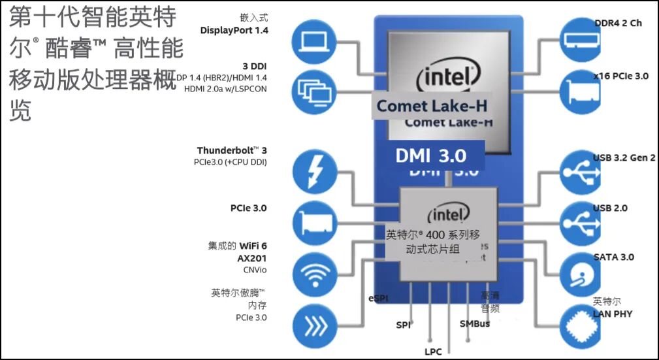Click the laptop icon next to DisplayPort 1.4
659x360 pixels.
pos(316,42)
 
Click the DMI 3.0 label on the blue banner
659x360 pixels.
pos(431,155)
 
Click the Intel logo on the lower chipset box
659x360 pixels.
pos(448,214)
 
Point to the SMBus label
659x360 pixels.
pos(475,323)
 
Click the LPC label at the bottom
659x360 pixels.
pos(433,352)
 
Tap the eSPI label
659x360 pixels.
pos(379,299)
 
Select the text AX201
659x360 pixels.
pos(252,258)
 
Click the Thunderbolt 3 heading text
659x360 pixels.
pos(232,151)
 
